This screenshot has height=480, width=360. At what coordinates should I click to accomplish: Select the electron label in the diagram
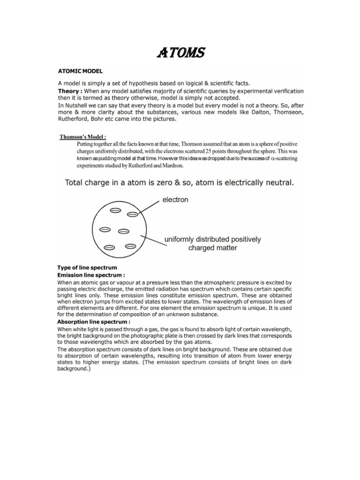pyautogui.click(x=175, y=200)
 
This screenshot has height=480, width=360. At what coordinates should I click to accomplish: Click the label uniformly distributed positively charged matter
pyautogui.click(x=212, y=243)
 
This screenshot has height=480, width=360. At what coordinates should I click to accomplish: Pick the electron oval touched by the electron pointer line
pyautogui.click(x=133, y=215)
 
